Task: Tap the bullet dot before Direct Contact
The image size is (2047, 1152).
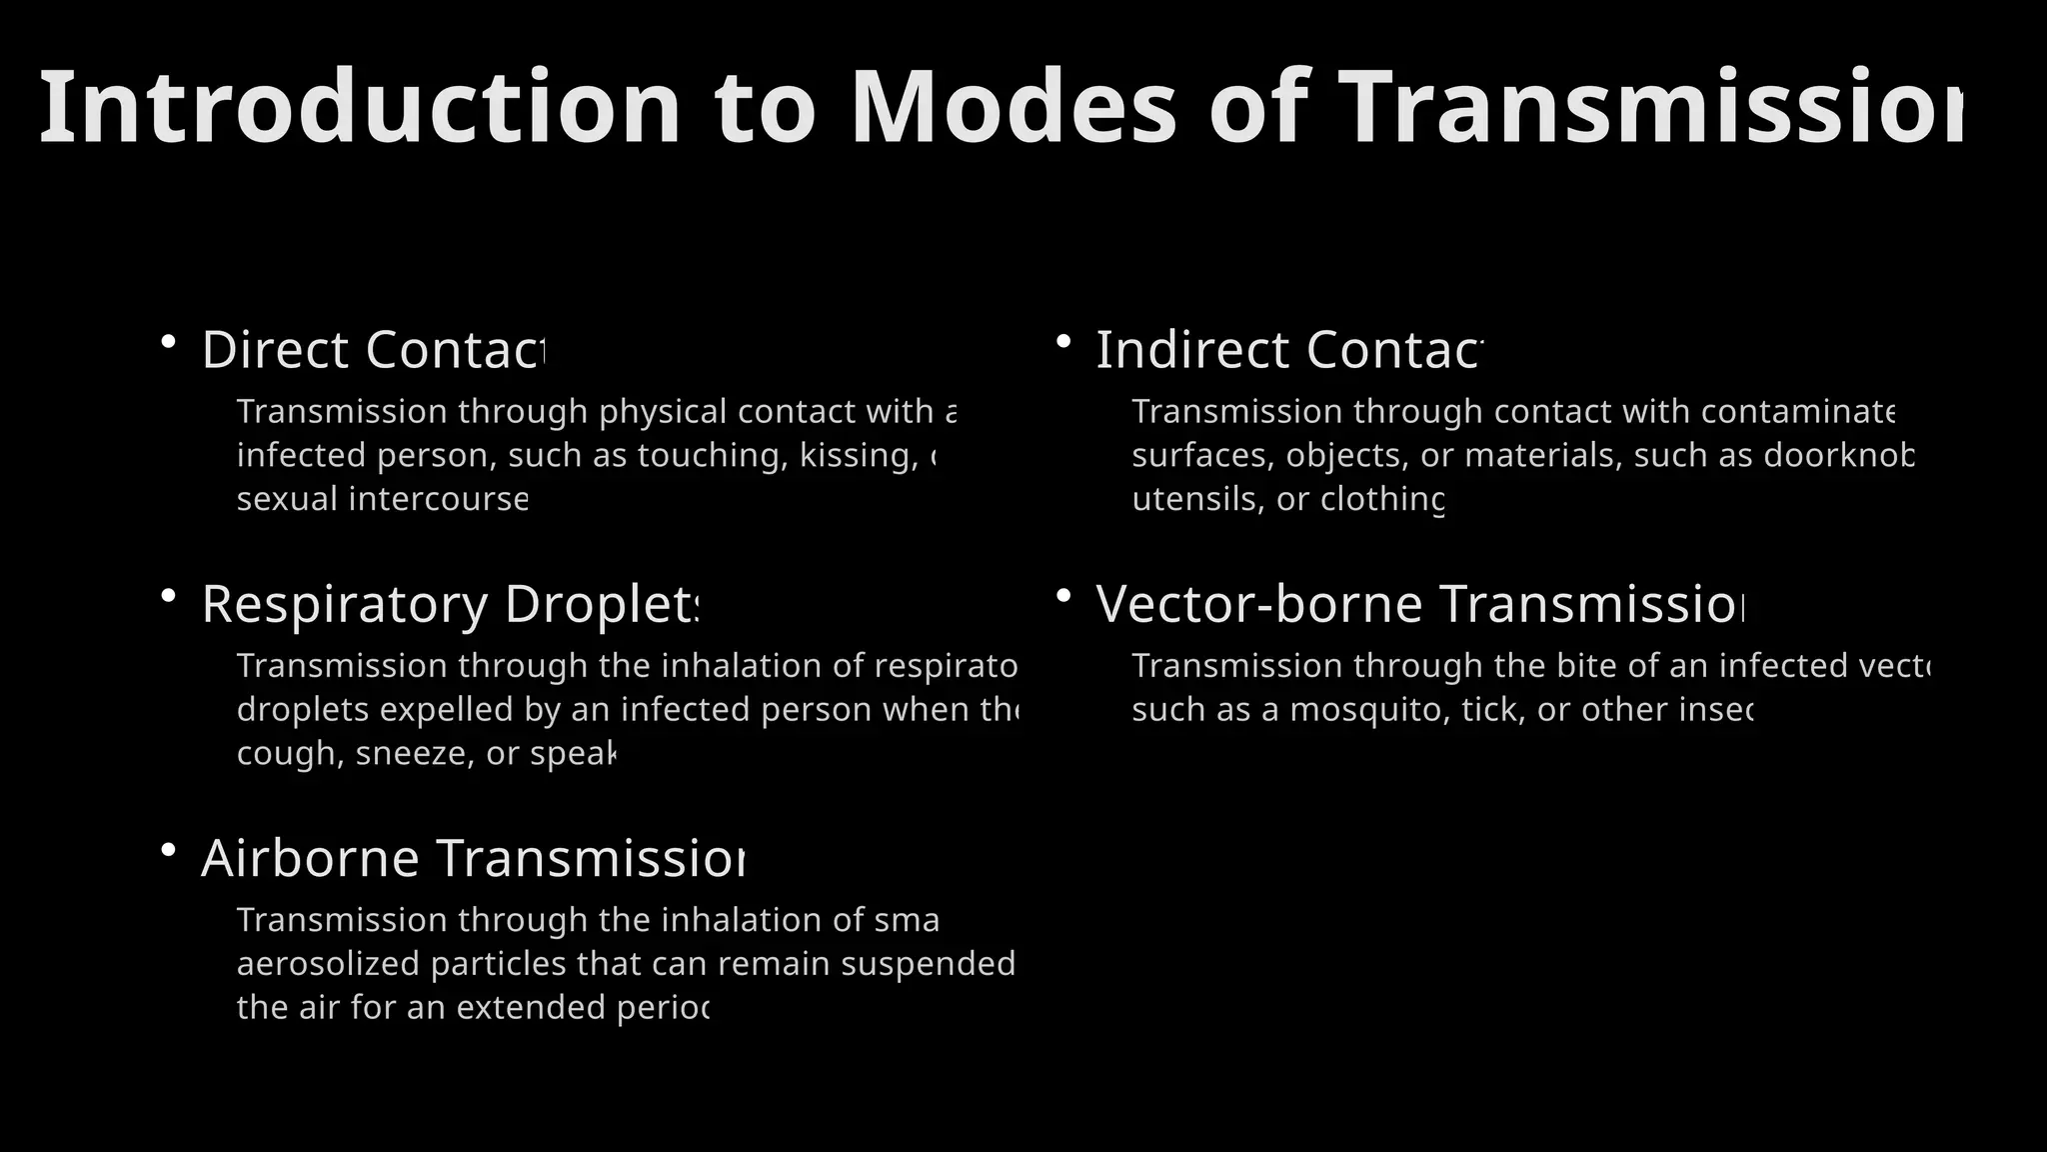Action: coord(168,342)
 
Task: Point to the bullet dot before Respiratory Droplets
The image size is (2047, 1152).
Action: coord(168,596)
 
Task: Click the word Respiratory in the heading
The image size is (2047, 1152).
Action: coord(344,604)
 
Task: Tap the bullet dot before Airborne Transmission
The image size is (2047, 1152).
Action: coord(168,850)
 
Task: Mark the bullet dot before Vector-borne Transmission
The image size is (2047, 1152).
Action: coord(1063,596)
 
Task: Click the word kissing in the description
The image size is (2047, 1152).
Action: coord(858,455)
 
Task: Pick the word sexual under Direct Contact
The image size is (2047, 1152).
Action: coord(287,499)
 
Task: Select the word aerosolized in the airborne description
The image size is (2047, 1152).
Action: coord(328,964)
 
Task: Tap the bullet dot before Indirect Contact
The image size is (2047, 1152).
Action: coord(1063,342)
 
